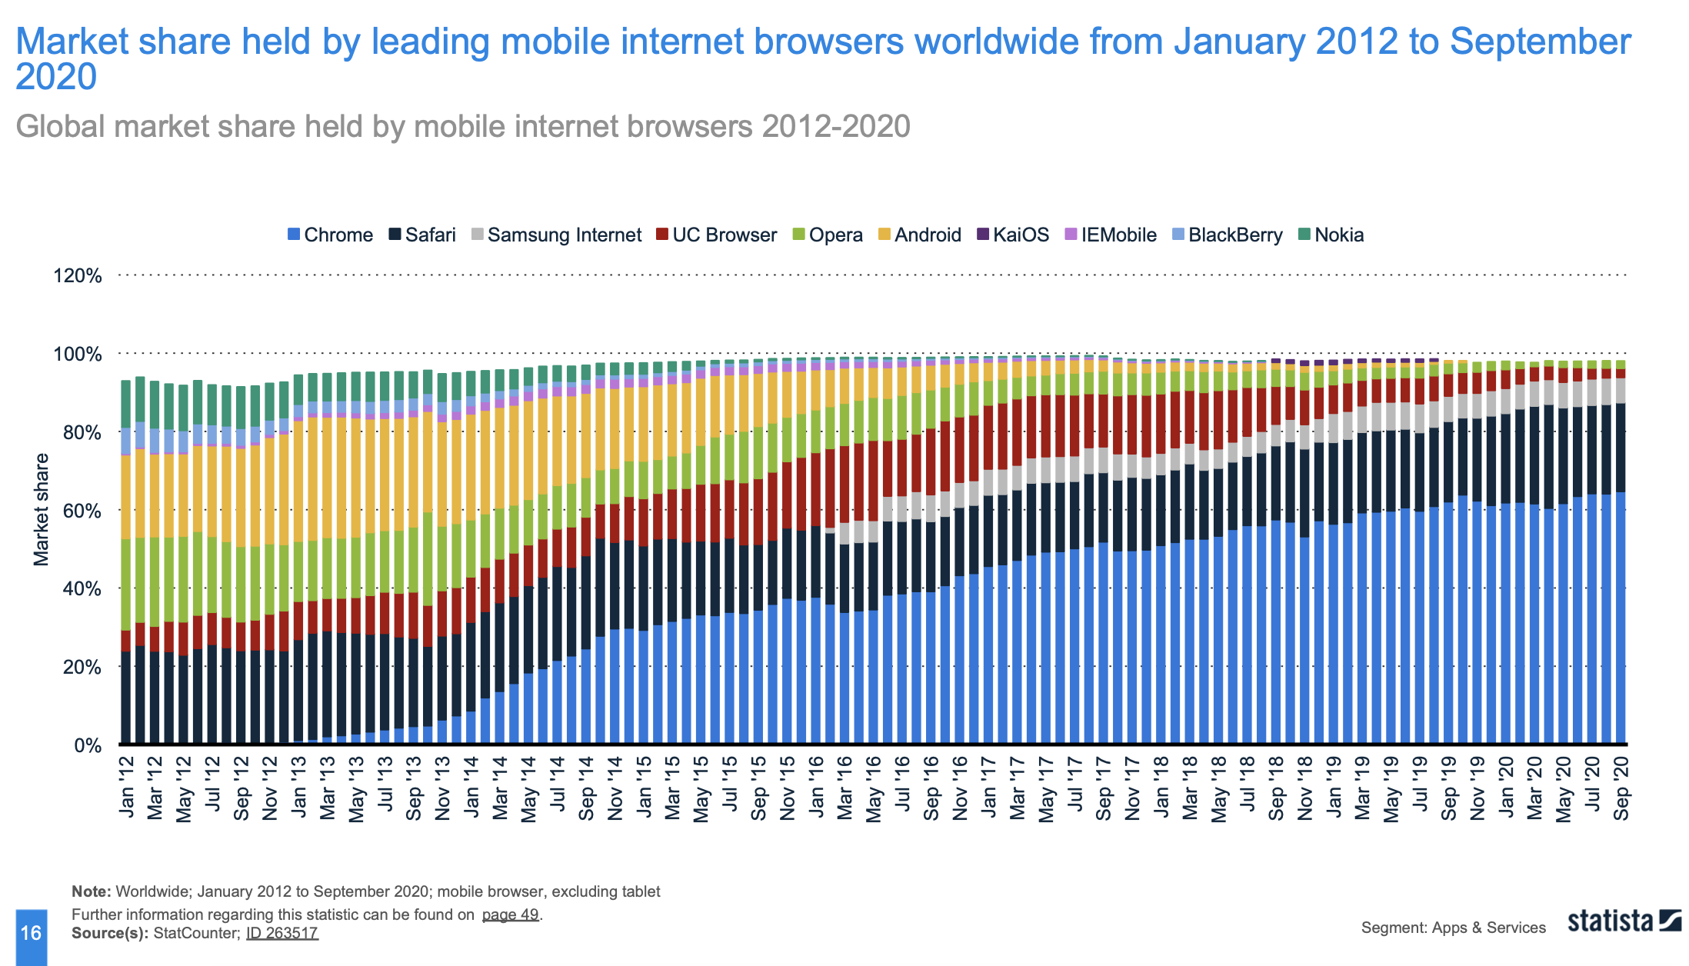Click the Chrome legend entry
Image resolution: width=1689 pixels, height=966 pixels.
click(x=330, y=235)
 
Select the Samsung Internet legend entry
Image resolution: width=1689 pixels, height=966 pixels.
click(x=556, y=235)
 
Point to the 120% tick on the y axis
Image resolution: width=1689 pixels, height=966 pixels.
click(x=77, y=275)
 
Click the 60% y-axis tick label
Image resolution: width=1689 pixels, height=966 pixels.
click(x=77, y=511)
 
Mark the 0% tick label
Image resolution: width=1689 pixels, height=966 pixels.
click(x=87, y=745)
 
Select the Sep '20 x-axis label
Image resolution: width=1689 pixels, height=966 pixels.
click(x=1621, y=788)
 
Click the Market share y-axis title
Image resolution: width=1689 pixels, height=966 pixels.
click(x=41, y=510)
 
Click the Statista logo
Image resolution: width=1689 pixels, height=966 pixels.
click(x=1624, y=921)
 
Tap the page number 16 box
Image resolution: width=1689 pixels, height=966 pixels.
click(x=31, y=934)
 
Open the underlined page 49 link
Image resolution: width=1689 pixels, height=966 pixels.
click(x=510, y=914)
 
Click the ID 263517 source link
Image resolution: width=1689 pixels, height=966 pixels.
click(x=281, y=933)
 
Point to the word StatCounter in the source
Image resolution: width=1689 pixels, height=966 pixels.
click(x=196, y=933)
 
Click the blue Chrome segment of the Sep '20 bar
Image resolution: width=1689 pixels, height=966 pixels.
click(x=1621, y=615)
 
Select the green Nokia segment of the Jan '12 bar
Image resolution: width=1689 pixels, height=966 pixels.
click(x=126, y=403)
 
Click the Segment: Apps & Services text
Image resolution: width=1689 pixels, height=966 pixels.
click(x=1453, y=928)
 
